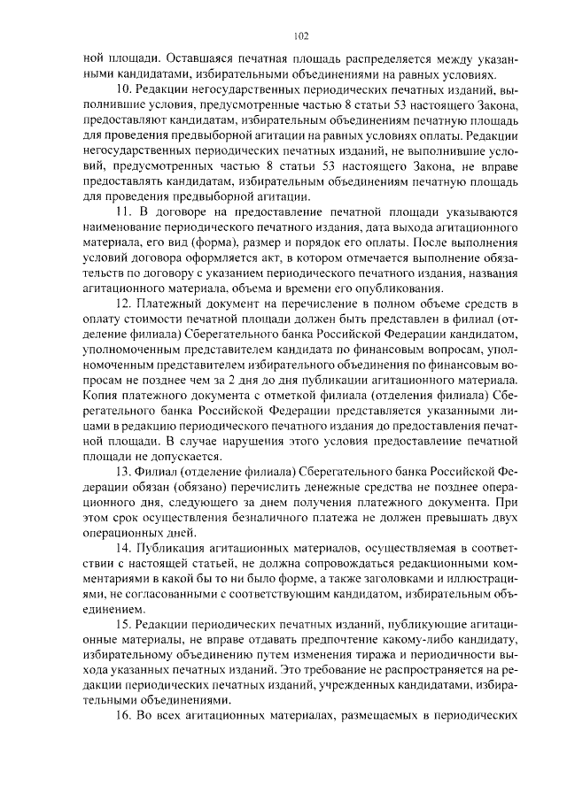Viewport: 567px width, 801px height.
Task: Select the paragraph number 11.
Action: point(123,213)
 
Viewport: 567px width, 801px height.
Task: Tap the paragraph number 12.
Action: point(123,304)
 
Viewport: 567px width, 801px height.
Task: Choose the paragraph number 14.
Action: point(123,546)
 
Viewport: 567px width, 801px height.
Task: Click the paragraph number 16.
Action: point(123,714)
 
